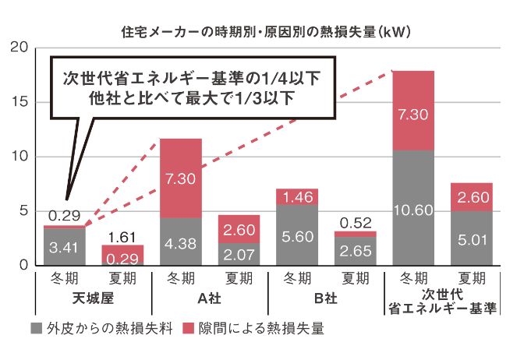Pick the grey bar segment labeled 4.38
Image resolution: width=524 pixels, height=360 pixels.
[180, 242]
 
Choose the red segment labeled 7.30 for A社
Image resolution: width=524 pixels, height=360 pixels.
[180, 178]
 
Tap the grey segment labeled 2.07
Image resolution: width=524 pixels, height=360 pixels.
[239, 253]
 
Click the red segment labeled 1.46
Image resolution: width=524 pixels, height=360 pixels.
[297, 197]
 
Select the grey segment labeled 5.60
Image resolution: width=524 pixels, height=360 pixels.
[297, 235]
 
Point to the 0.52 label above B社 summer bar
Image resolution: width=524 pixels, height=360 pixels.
[356, 221]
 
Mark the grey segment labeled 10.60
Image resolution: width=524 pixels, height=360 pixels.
[413, 208]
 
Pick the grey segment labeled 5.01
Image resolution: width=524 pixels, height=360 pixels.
[472, 238]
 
